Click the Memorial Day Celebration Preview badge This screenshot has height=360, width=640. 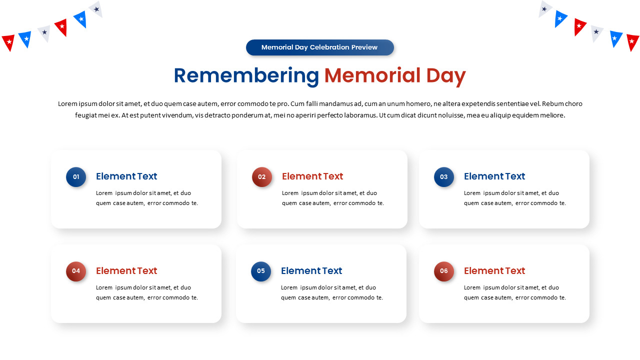point(319,47)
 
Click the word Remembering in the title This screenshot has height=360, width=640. point(246,76)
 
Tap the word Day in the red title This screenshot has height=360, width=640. point(445,76)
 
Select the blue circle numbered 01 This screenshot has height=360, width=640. point(76,177)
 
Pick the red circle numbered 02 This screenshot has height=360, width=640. point(261,177)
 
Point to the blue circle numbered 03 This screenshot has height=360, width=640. point(443,177)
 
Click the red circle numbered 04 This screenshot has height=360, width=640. point(76,271)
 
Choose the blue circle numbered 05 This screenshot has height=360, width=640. point(261,271)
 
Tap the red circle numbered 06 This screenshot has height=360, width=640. point(443,271)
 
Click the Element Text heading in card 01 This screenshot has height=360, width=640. point(126,176)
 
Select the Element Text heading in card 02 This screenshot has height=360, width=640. point(312,176)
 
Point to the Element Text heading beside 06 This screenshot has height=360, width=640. point(494,270)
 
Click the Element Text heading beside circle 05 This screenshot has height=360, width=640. point(311,270)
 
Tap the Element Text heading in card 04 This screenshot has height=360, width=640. point(126,270)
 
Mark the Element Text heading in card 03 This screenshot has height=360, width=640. point(494,176)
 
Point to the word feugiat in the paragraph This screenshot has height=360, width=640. point(85,115)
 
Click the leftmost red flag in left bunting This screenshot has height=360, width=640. point(9,42)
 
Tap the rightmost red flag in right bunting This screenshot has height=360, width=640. point(632,42)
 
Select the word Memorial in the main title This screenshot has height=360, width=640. point(372,75)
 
